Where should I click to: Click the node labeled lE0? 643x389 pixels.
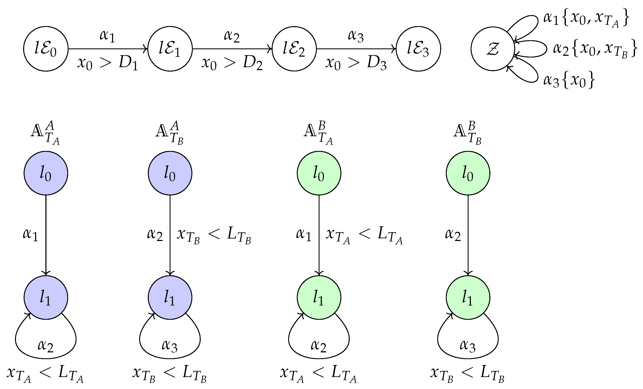(x=46, y=49)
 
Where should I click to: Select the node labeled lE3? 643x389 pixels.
(x=418, y=49)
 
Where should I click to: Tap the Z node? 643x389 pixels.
(x=492, y=49)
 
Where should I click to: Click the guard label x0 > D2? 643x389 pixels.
(x=232, y=64)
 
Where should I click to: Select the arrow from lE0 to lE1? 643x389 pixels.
(x=107, y=49)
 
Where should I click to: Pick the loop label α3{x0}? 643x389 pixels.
(x=569, y=80)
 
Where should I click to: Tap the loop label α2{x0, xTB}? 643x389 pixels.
(x=595, y=49)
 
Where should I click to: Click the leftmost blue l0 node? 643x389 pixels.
(x=46, y=173)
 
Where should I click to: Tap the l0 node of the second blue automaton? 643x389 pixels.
(x=170, y=173)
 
